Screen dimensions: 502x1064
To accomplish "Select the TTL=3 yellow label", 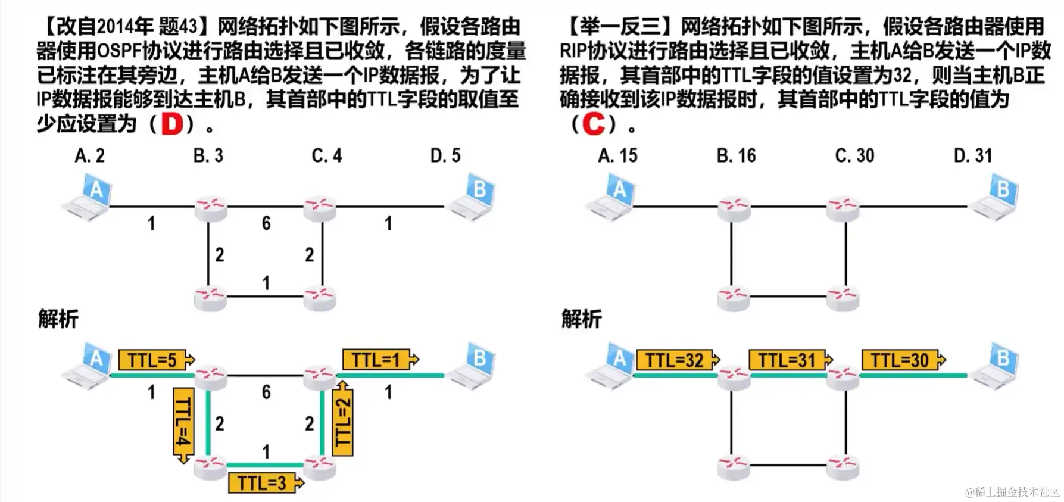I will pyautogui.click(x=262, y=483).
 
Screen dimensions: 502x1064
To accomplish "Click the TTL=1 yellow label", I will pyautogui.click(x=376, y=360).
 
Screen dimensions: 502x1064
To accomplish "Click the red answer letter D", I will pyautogui.click(x=172, y=124).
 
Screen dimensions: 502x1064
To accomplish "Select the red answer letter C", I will pyautogui.click(x=594, y=124).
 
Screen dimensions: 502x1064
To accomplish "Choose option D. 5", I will pyautogui.click(x=445, y=156).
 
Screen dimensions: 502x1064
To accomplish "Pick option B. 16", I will pyautogui.click(x=736, y=156).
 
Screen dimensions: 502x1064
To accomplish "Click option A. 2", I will pyautogui.click(x=89, y=156).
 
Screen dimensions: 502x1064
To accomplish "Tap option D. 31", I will pyautogui.click(x=973, y=156).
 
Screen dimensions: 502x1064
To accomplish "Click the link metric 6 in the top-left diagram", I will pyautogui.click(x=266, y=223).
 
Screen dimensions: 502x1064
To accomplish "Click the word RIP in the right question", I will pyautogui.click(x=573, y=51).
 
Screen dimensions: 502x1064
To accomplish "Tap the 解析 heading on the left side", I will pyautogui.click(x=58, y=319).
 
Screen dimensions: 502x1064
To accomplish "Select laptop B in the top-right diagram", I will pyautogui.click(x=996, y=197).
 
